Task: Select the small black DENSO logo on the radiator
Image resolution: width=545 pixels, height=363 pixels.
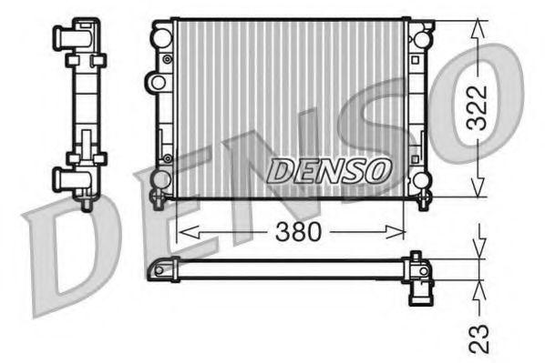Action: coord(331,169)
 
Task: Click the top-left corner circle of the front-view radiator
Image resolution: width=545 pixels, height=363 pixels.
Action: coord(162,37)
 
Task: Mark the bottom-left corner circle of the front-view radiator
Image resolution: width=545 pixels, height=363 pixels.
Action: coord(162,178)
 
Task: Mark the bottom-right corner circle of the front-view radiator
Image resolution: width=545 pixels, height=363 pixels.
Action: coord(420,179)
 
